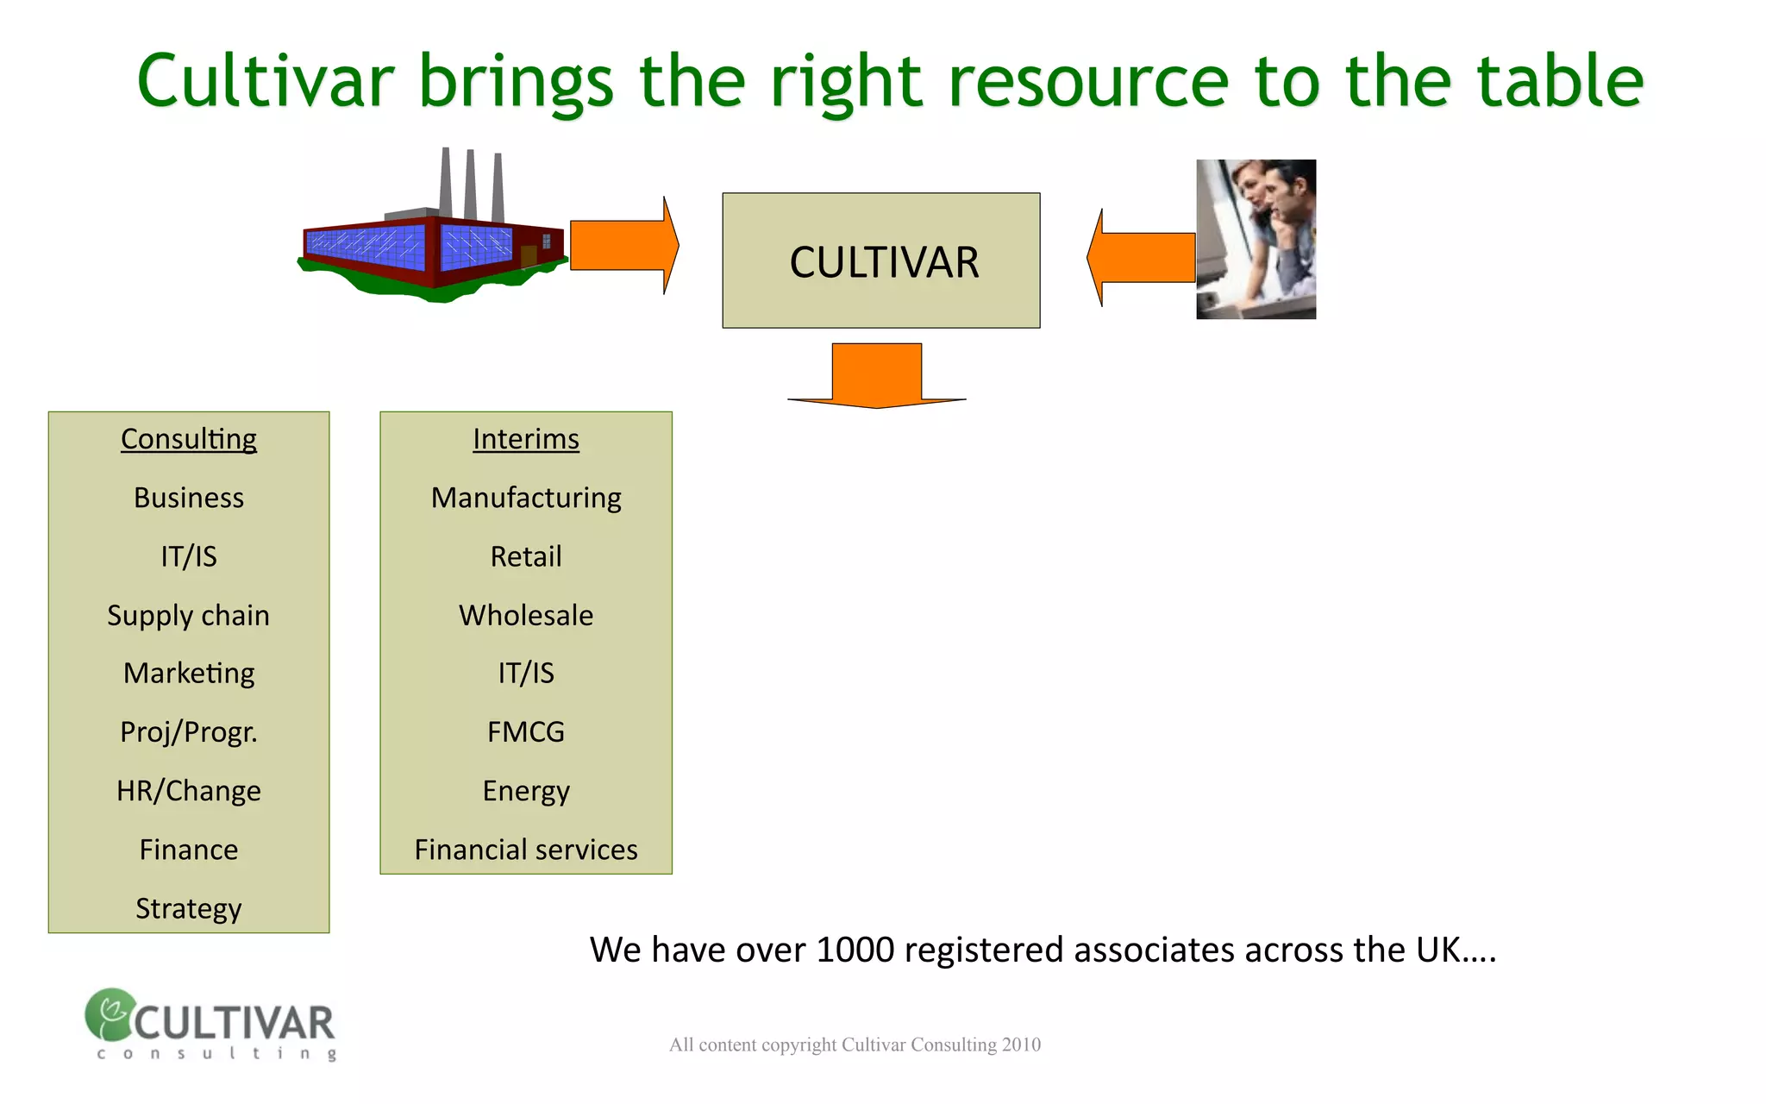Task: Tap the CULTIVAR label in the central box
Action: point(884,262)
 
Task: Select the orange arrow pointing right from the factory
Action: point(623,246)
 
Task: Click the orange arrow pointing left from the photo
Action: point(1141,257)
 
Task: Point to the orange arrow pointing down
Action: point(877,375)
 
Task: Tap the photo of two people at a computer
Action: point(1256,239)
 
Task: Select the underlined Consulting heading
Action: point(189,439)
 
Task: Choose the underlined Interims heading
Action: point(526,439)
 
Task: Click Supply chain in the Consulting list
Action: point(189,615)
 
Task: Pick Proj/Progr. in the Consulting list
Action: point(189,732)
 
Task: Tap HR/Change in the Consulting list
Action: point(189,791)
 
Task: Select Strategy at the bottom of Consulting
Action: point(189,908)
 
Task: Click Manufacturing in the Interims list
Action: point(526,498)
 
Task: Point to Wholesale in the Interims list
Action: point(526,615)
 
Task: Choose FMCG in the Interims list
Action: point(526,732)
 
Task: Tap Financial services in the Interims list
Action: point(526,850)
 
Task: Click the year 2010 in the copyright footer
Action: point(1021,1044)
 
